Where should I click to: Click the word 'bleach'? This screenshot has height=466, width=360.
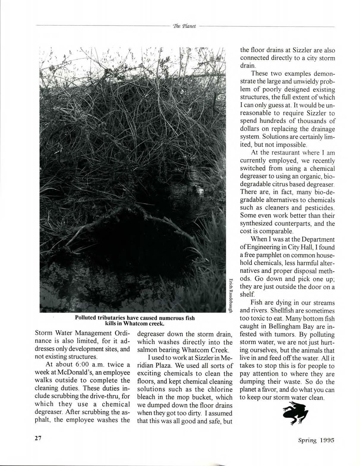point(146,397)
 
